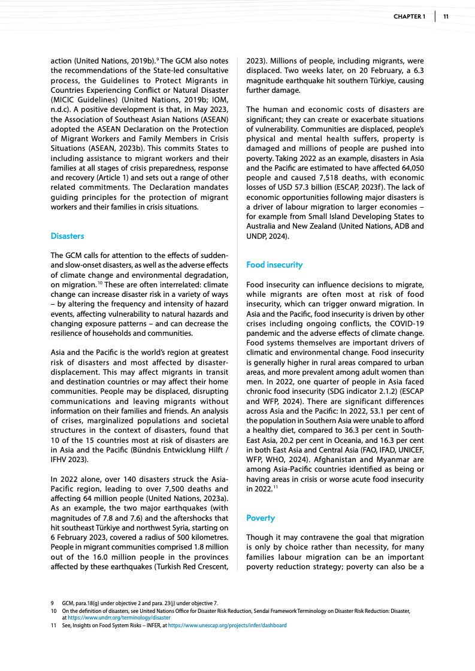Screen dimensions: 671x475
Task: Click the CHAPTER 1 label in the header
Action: click(x=409, y=16)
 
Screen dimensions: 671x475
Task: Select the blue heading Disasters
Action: click(x=68, y=236)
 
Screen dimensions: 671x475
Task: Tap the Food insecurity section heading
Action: click(x=274, y=265)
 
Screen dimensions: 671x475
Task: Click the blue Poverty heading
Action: click(x=261, y=518)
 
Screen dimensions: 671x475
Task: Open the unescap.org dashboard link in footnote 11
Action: click(x=227, y=625)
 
